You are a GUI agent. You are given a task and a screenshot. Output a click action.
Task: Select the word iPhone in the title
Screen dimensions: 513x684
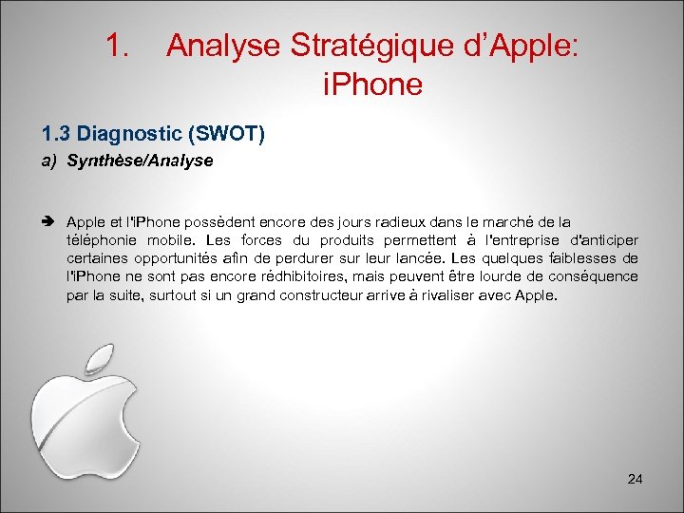[372, 85]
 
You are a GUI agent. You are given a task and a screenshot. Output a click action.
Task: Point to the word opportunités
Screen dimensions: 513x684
[178, 258]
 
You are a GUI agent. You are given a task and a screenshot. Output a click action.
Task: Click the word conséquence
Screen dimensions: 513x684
[592, 276]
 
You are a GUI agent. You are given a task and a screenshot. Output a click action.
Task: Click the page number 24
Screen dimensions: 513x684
[635, 479]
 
